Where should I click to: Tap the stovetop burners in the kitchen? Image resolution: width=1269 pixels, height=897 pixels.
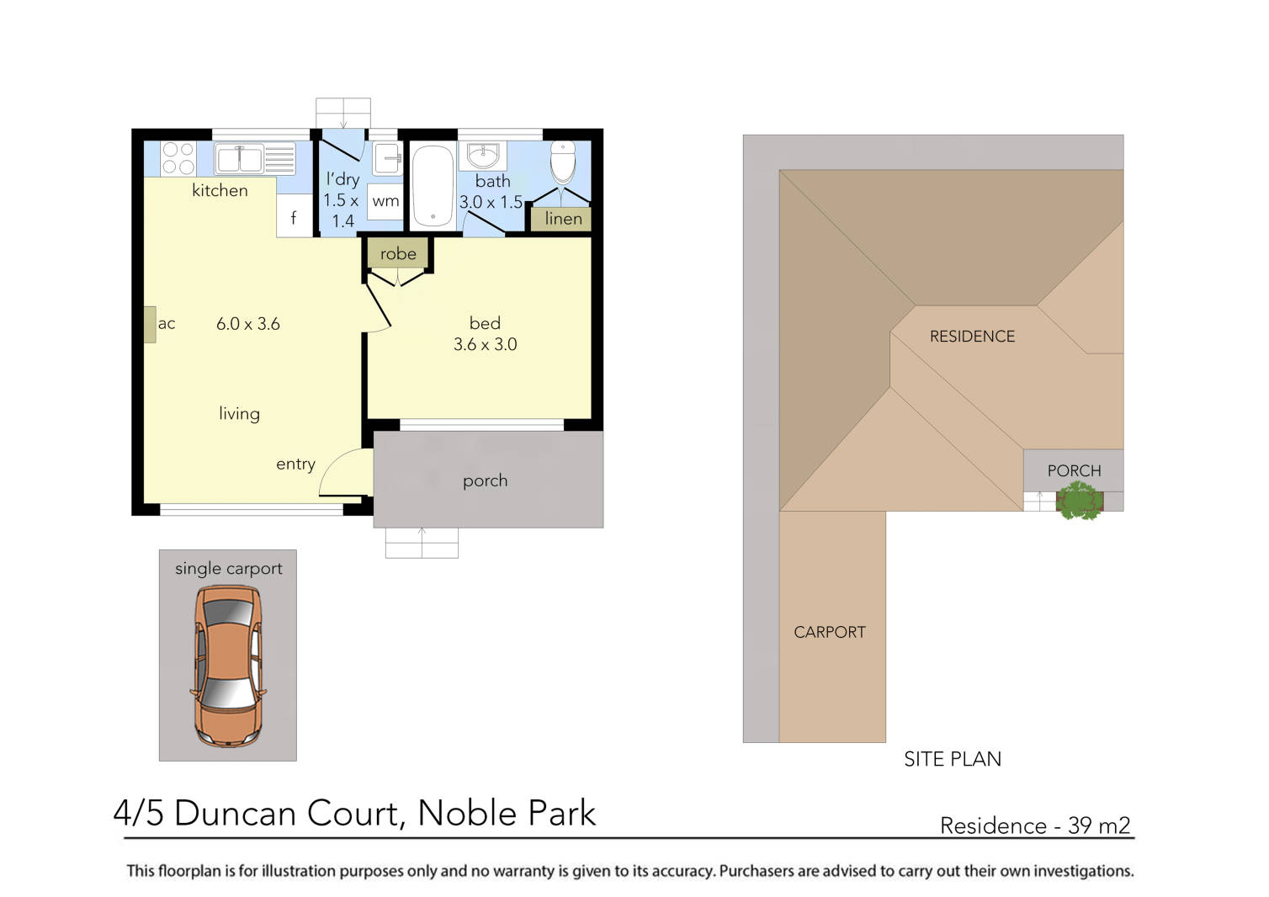click(x=178, y=158)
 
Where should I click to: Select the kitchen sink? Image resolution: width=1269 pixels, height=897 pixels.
click(x=239, y=158)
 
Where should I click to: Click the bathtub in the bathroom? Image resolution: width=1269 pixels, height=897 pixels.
click(x=433, y=187)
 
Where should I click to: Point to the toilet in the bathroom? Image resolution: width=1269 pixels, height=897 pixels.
click(x=562, y=162)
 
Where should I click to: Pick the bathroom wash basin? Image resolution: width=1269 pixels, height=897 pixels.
click(x=483, y=156)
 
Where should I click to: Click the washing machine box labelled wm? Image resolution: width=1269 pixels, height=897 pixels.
click(x=385, y=201)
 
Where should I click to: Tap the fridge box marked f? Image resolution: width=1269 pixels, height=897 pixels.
click(x=294, y=217)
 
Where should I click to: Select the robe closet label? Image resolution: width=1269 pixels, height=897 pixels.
click(x=398, y=253)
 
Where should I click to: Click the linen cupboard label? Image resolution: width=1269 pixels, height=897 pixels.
click(x=563, y=219)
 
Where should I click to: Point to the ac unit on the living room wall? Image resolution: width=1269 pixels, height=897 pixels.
click(x=150, y=324)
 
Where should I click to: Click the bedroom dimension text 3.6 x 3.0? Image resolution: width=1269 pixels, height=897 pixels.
click(x=485, y=344)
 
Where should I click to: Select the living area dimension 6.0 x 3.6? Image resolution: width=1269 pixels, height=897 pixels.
click(x=248, y=324)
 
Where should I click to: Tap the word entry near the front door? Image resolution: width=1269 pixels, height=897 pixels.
click(x=295, y=464)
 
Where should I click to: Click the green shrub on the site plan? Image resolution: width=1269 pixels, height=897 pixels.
click(x=1079, y=502)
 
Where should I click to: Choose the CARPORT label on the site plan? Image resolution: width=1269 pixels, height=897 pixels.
click(x=829, y=632)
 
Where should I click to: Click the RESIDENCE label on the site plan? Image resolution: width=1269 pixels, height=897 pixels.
click(x=972, y=337)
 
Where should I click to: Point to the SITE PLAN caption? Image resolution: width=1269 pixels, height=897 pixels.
click(x=952, y=759)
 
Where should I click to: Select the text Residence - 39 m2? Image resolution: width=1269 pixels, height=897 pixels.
click(x=1034, y=825)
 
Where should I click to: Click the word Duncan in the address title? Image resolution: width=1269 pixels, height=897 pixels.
click(x=236, y=814)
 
